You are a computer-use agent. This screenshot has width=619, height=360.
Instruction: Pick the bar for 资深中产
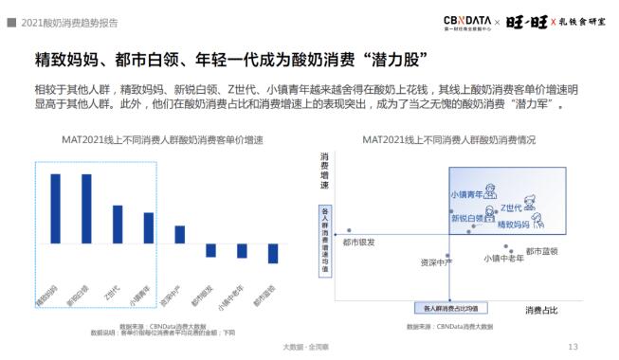pos(179,235)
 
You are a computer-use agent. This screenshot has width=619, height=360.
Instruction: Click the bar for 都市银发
pos(210,250)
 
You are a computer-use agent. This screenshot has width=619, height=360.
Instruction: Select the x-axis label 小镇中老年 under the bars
pos(230,297)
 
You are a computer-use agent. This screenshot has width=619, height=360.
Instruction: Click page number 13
pos(572,347)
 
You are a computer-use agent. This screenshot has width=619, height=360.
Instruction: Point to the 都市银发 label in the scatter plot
pos(358,243)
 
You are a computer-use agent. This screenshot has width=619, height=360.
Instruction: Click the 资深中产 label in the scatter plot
pos(437,263)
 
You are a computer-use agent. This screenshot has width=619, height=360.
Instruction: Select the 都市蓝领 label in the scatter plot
pos(541,251)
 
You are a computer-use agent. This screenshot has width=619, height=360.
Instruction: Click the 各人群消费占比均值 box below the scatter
pos(449,308)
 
